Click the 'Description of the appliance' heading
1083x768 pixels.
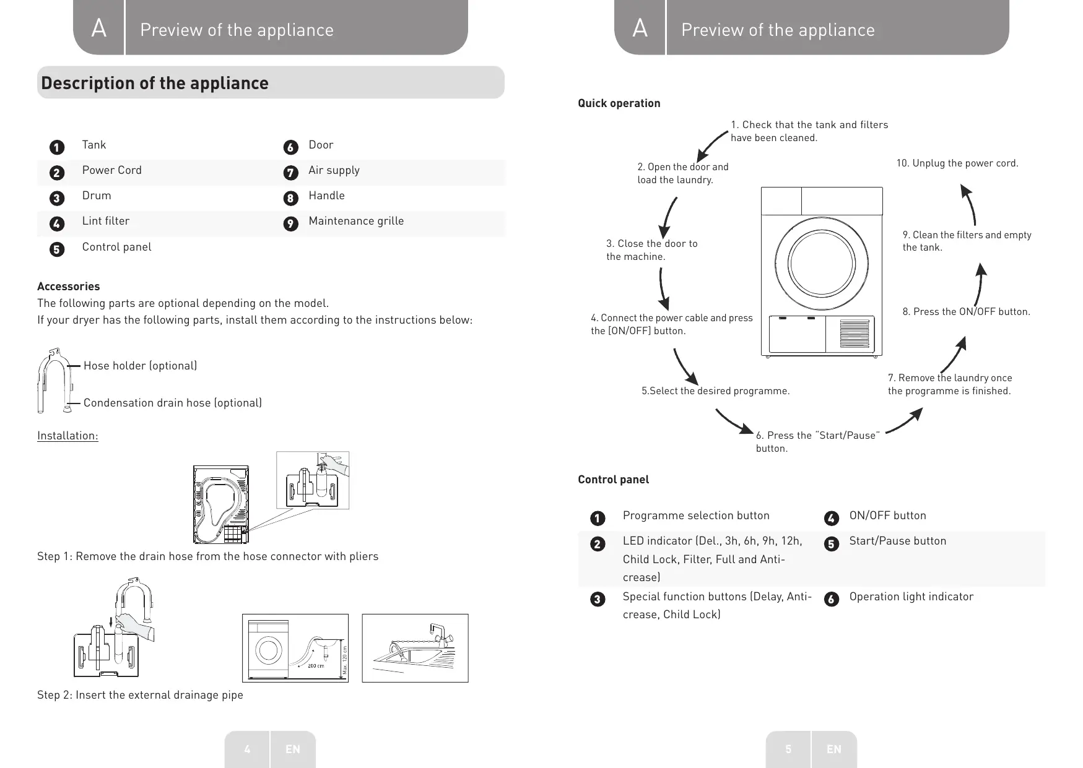tap(155, 83)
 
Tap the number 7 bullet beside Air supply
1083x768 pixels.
tap(290, 173)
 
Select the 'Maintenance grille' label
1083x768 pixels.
tap(356, 221)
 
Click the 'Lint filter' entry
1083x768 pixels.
tap(106, 221)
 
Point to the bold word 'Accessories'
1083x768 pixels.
tap(68, 287)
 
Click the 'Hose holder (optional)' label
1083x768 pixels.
tap(141, 366)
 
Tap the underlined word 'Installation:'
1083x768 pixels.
tap(67, 436)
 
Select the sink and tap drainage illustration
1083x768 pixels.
tap(415, 648)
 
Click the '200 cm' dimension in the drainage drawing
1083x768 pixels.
tap(316, 666)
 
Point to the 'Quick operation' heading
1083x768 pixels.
tap(619, 103)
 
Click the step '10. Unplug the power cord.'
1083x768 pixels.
tap(957, 163)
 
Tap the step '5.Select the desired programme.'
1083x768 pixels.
tap(716, 391)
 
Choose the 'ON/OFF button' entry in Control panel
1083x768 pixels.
tap(887, 516)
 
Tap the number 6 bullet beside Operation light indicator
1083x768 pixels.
tap(832, 599)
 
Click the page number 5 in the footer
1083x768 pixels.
tap(788, 749)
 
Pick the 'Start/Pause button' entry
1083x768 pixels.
tap(898, 541)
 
